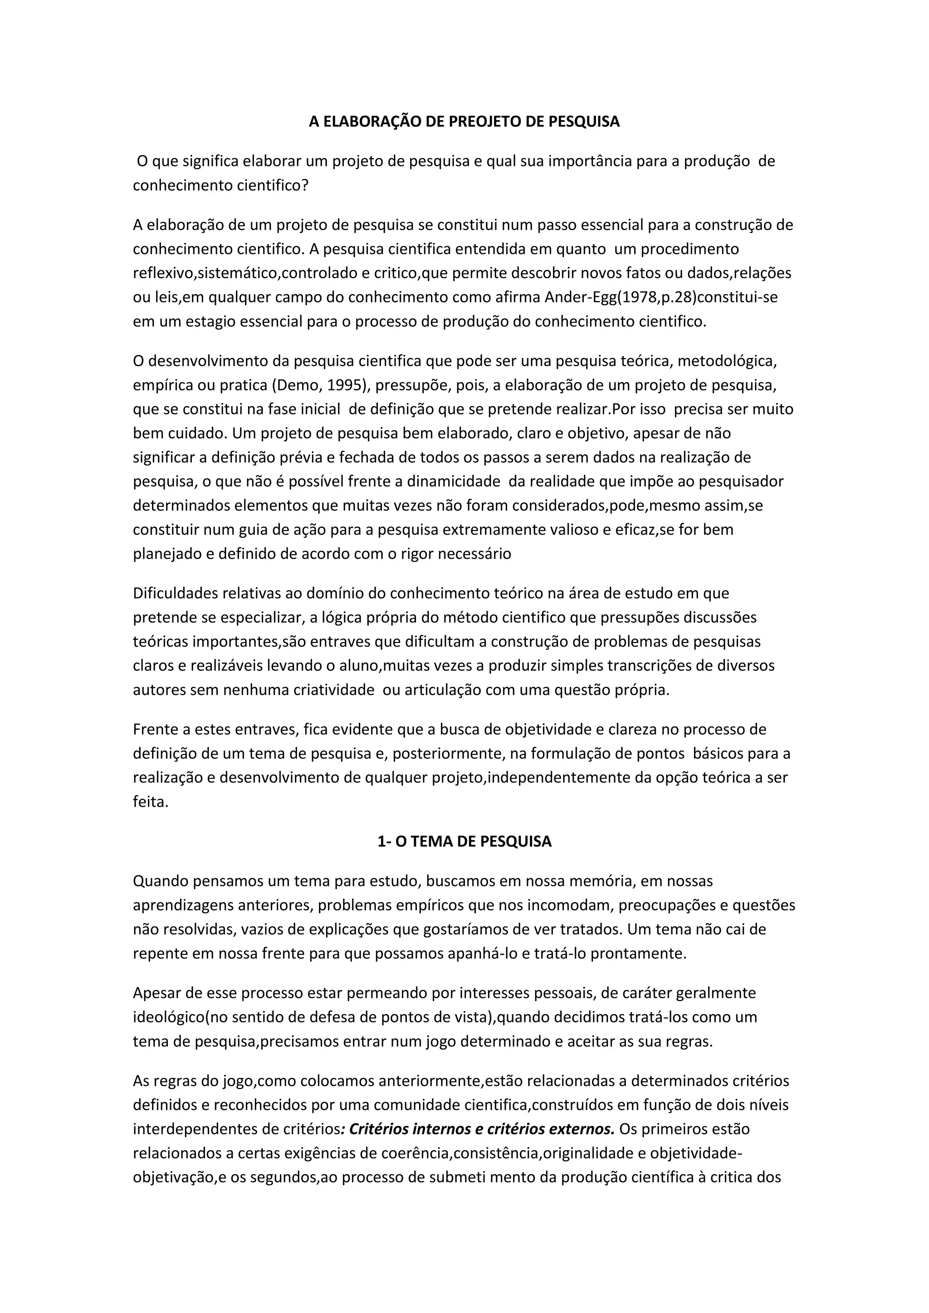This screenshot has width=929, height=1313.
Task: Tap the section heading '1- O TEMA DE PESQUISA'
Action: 464,841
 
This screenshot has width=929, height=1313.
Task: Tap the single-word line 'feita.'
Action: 151,802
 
